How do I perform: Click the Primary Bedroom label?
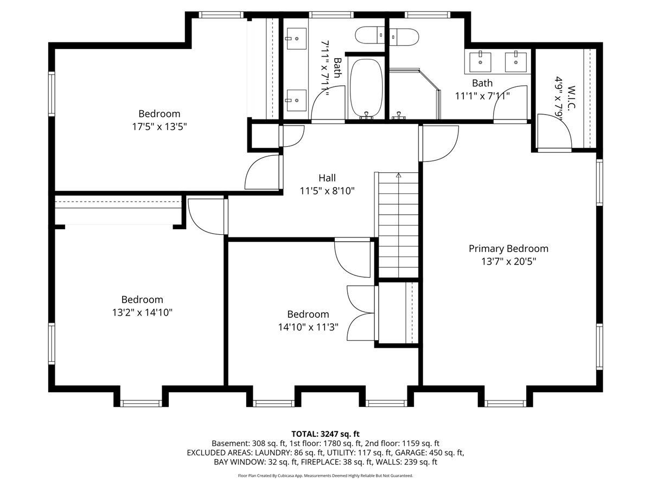(x=508, y=248)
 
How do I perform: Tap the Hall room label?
(x=327, y=178)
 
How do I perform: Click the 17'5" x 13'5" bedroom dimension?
(x=159, y=127)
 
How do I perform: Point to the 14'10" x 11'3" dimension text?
(x=308, y=327)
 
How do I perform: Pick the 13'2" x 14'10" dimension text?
(x=142, y=312)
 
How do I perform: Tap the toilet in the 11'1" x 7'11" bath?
(x=404, y=37)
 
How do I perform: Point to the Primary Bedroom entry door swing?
(x=441, y=143)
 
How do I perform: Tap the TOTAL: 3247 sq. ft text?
(x=325, y=434)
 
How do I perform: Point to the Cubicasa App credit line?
(x=325, y=475)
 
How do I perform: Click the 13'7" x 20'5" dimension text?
(x=509, y=261)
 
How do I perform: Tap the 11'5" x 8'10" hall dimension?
(x=327, y=191)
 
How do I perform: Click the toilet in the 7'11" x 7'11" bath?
(x=370, y=35)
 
